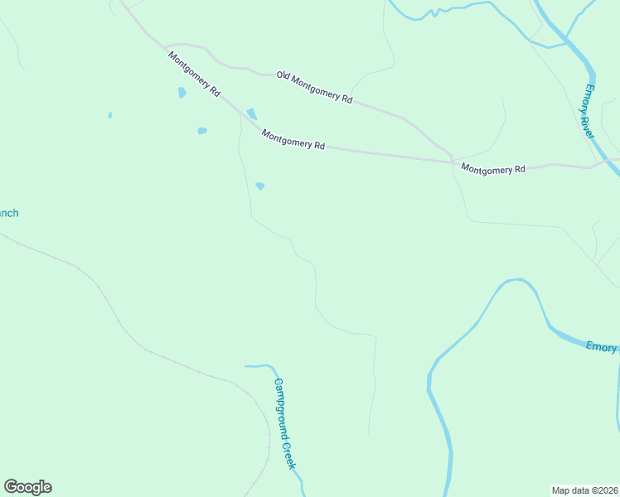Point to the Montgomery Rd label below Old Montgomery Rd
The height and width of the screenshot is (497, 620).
pos(293,139)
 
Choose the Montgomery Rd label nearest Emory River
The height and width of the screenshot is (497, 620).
pos(493,169)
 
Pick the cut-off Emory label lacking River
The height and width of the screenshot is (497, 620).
pos(602,347)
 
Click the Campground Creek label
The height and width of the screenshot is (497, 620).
pos(285,424)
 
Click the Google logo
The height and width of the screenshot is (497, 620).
pos(27,487)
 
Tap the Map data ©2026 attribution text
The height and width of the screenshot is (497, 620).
pos(584,490)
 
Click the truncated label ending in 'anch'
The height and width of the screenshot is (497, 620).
pos(7,213)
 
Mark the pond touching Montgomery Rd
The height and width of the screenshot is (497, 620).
pos(251,113)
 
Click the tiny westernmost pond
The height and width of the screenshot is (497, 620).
pos(109,115)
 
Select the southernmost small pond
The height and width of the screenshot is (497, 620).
pos(259,186)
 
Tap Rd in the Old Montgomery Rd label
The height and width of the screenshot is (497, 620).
pos(347,99)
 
